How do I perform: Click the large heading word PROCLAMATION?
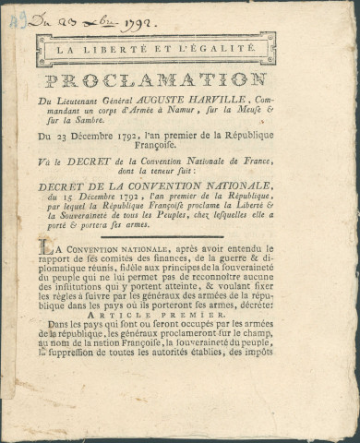coord(156,81)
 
